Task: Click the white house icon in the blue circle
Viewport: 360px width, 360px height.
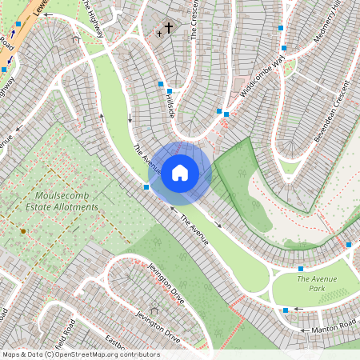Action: (180, 172)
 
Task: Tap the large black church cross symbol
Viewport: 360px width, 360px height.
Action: (169, 28)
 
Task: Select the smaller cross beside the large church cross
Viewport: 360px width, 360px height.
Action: (160, 34)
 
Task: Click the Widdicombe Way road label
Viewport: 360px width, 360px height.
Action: (262, 73)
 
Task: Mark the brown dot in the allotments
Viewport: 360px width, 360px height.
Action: (23, 230)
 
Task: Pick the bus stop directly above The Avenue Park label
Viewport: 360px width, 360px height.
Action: (301, 268)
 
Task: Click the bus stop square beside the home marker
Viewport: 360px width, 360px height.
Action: (146, 186)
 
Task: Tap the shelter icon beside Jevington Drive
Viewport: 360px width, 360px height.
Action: (153, 311)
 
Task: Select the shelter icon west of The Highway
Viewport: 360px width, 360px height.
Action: (76, 39)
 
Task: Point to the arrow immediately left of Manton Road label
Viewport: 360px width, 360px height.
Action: (305, 327)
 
